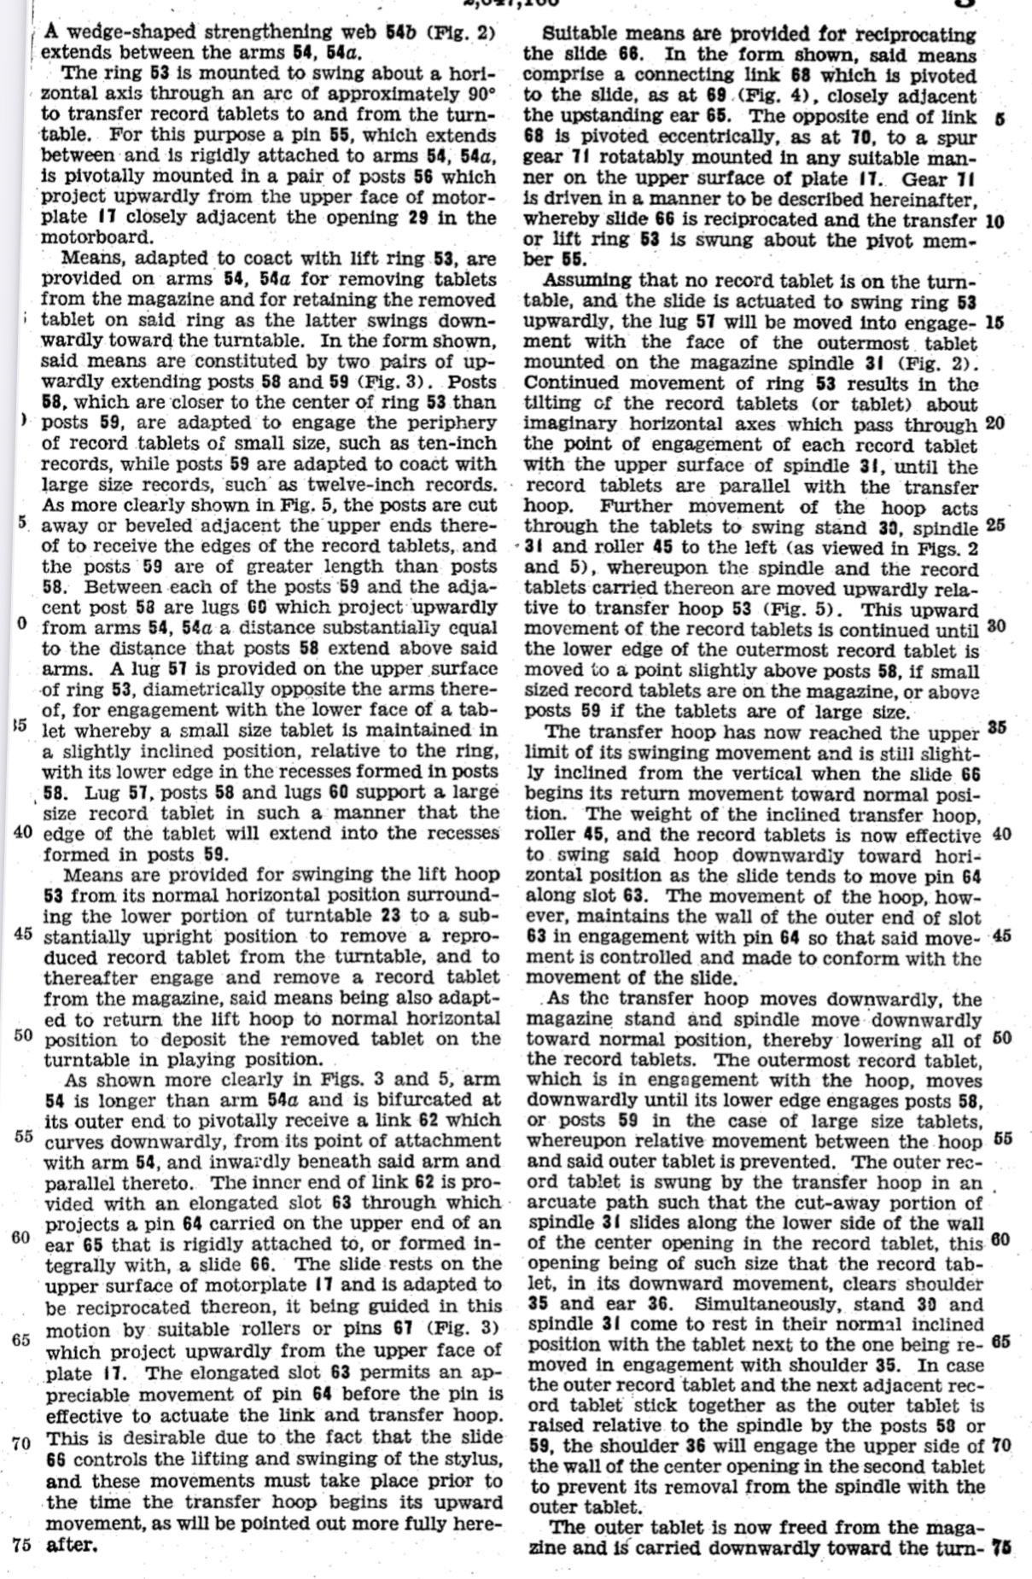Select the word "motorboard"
pyautogui.click(x=95, y=237)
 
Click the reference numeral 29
pyautogui.click(x=418, y=217)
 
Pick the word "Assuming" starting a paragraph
pyautogui.click(x=586, y=281)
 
